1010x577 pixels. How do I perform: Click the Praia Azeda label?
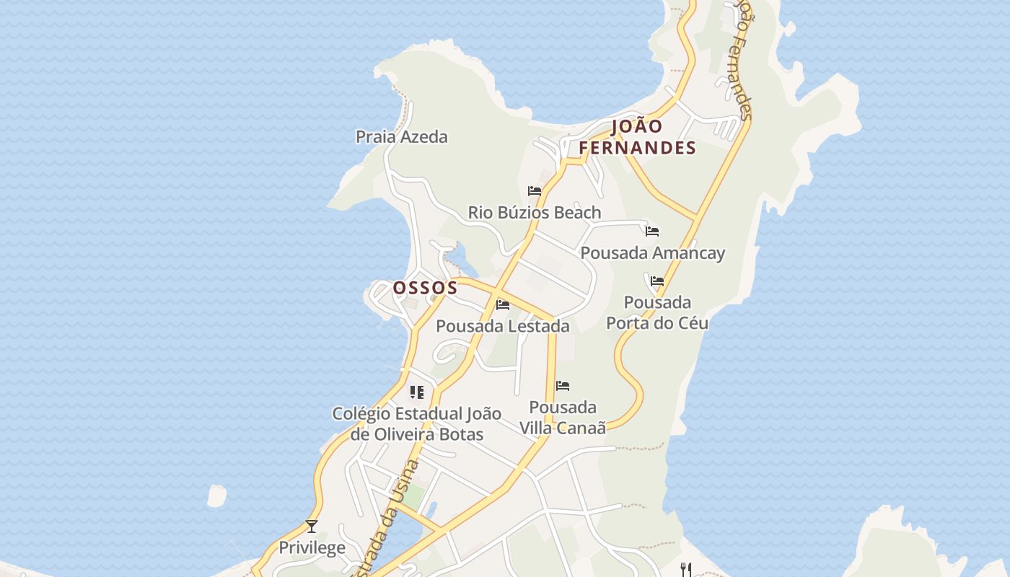401,136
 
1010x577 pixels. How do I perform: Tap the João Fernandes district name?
637,137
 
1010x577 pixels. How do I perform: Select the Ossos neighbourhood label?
425,288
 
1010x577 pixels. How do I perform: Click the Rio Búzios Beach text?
534,212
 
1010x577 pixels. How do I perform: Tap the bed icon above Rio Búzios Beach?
535,191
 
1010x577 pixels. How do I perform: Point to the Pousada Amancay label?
652,253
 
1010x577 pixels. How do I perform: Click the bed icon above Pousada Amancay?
652,232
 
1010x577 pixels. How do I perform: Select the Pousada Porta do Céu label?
657,312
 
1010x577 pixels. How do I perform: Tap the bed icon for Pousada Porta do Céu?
657,281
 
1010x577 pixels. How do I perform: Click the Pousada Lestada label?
502,326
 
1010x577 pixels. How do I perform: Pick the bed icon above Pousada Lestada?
503,304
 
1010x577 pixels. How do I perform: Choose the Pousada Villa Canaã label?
563,417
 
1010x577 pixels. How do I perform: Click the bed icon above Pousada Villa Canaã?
563,386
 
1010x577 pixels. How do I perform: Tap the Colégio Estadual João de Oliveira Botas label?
416,424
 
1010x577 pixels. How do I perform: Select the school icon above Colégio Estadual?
416,392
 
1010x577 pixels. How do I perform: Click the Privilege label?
312,547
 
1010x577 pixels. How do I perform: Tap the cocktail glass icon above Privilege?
312,527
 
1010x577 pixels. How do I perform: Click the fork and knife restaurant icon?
686,570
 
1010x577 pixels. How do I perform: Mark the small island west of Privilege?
216,495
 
